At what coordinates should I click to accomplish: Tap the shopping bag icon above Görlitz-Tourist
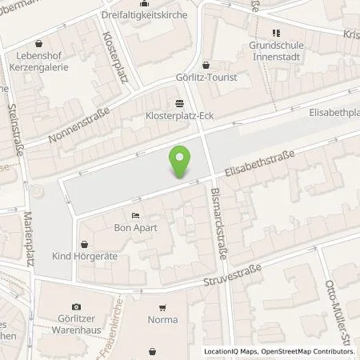point(207,66)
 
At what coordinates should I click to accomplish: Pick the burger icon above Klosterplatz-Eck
point(178,102)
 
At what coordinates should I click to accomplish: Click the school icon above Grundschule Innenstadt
point(276,33)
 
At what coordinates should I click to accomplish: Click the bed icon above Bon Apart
point(135,214)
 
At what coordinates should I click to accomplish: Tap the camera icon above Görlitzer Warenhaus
point(76,306)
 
